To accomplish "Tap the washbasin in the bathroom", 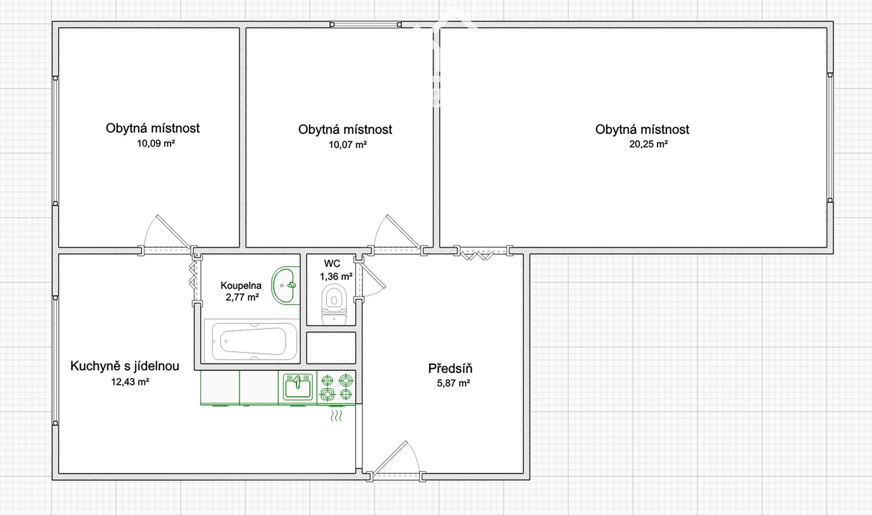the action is (x=285, y=285).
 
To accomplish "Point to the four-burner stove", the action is (x=337, y=387).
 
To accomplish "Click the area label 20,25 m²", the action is (x=648, y=144).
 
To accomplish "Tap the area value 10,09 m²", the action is (x=156, y=144).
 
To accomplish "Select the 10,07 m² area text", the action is (x=347, y=145).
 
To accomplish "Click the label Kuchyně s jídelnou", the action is (x=125, y=366).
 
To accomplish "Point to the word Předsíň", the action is (x=450, y=368).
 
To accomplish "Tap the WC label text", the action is (x=332, y=263).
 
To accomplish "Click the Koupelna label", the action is (x=241, y=286).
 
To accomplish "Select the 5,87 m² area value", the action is (x=453, y=383).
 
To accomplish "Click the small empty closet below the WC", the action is (x=331, y=348).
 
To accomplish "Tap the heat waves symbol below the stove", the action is (x=336, y=416).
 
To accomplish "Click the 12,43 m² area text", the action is (x=130, y=382).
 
